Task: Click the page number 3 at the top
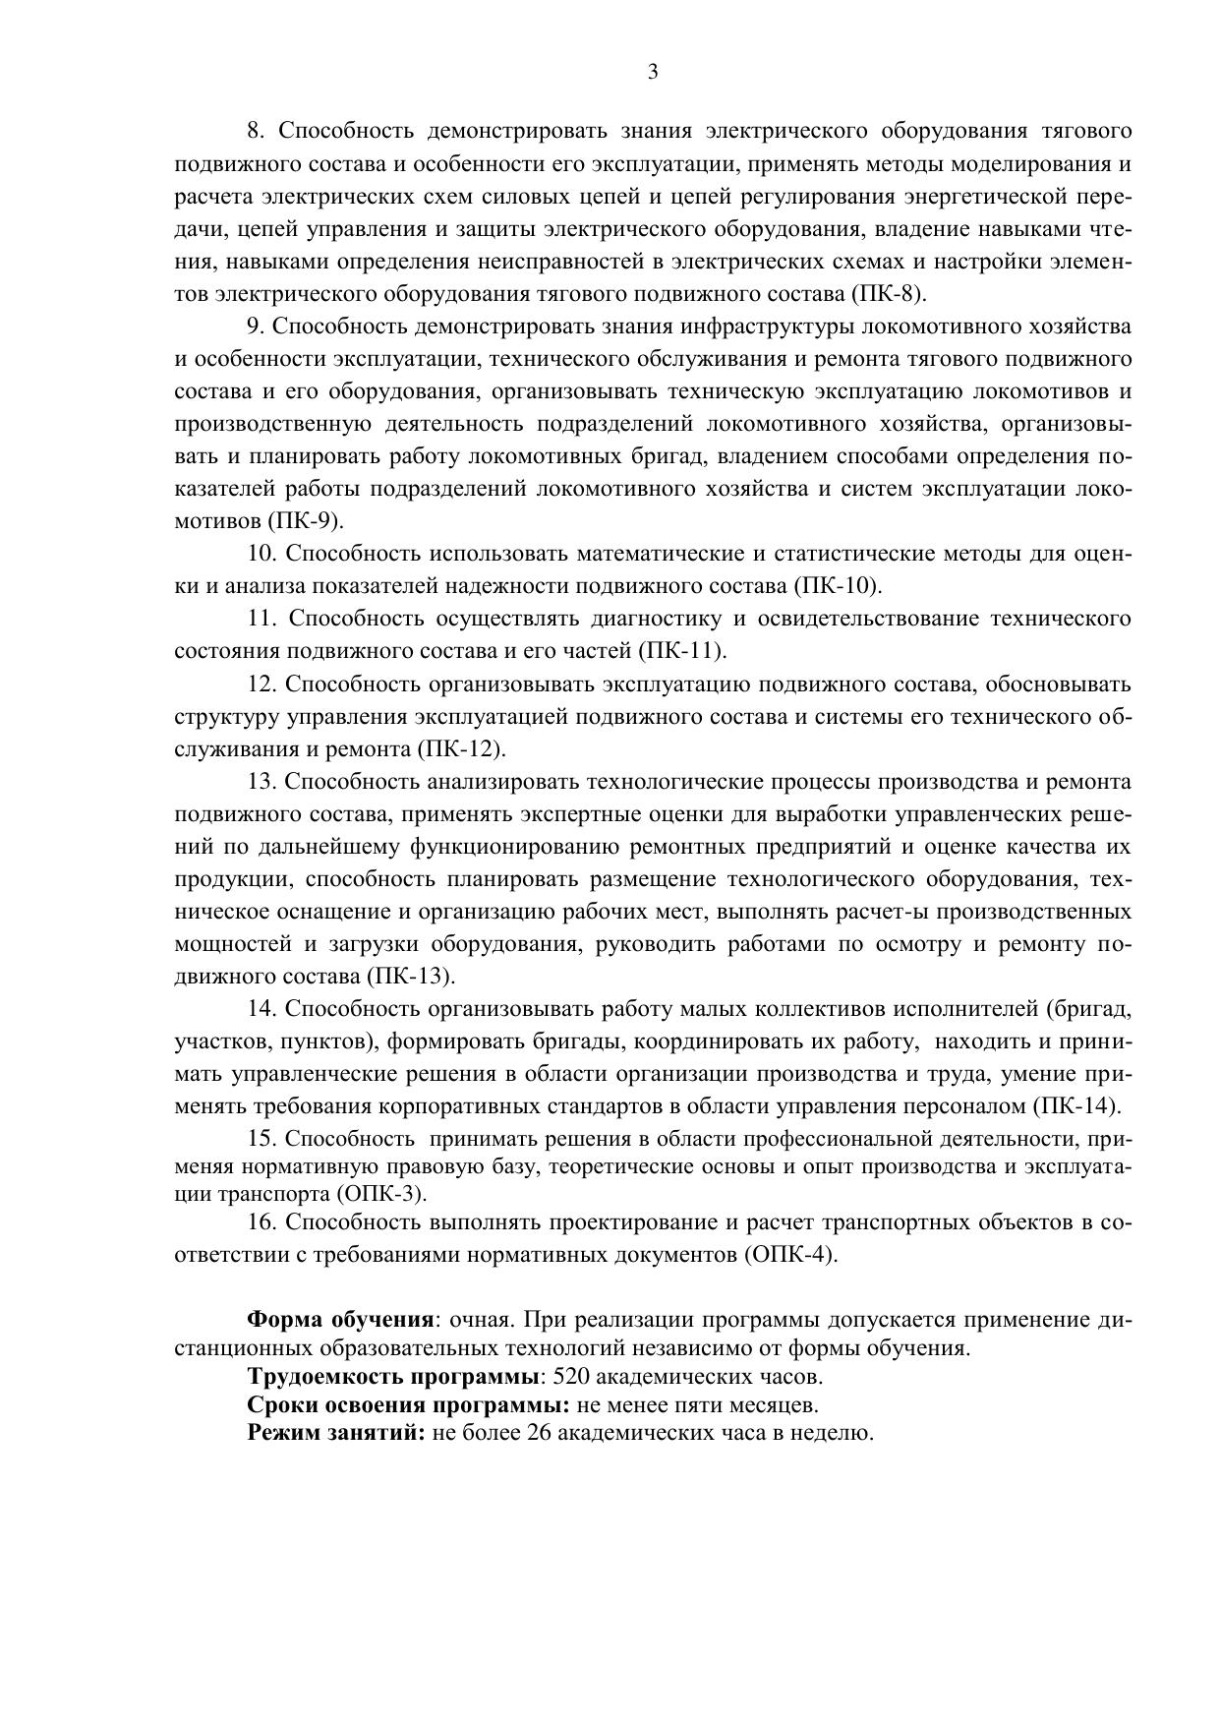coord(653,71)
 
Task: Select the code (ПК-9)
coord(305,520)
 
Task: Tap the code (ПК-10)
coord(838,585)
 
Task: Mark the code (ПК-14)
coord(1077,1105)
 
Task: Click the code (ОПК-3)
coord(381,1194)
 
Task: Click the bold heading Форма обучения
coord(340,1320)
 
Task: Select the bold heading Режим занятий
coord(336,1433)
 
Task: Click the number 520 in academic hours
coord(572,1376)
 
